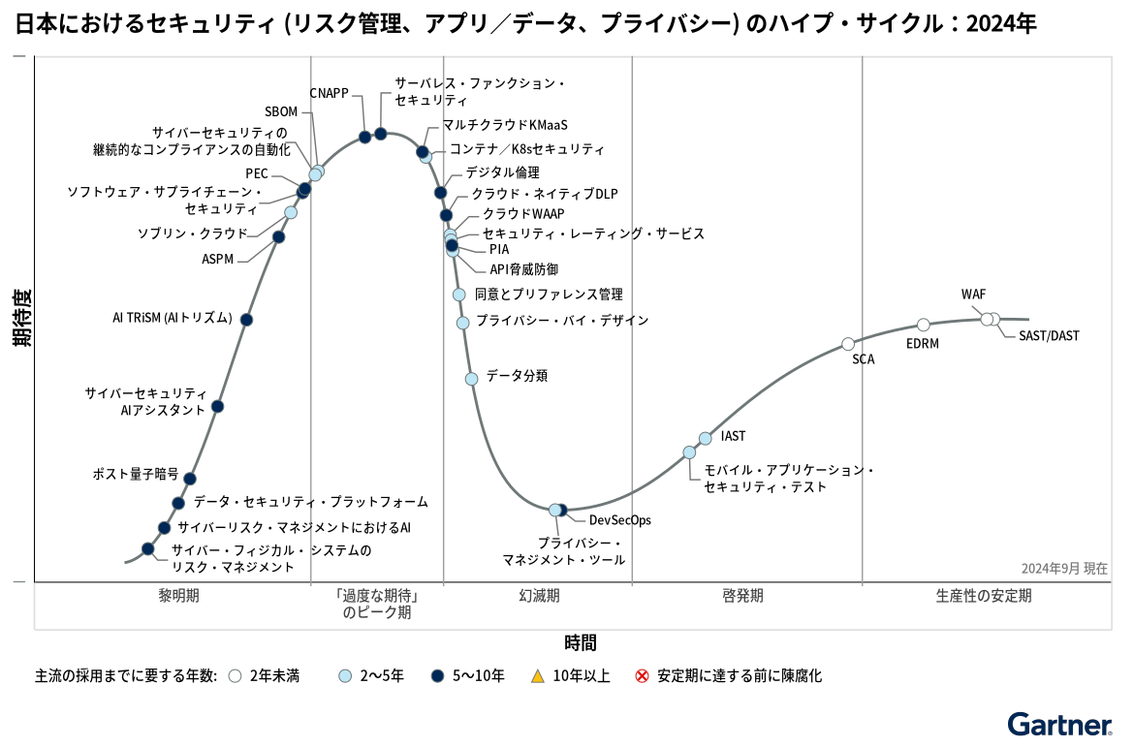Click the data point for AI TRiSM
click(246, 320)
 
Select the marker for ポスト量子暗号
click(190, 479)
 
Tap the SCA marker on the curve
click(848, 344)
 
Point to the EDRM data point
click(924, 325)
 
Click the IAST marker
click(706, 439)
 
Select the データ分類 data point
click(472, 379)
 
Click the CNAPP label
click(329, 93)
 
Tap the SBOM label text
click(281, 111)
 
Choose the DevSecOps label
click(620, 520)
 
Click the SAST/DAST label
click(1049, 336)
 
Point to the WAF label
click(974, 295)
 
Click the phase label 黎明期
click(178, 596)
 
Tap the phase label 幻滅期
click(539, 596)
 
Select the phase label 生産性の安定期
click(984, 596)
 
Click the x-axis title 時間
click(581, 642)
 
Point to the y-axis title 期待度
click(22, 318)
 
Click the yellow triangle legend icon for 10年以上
click(538, 676)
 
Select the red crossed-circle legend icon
click(642, 676)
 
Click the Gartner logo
click(1059, 725)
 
